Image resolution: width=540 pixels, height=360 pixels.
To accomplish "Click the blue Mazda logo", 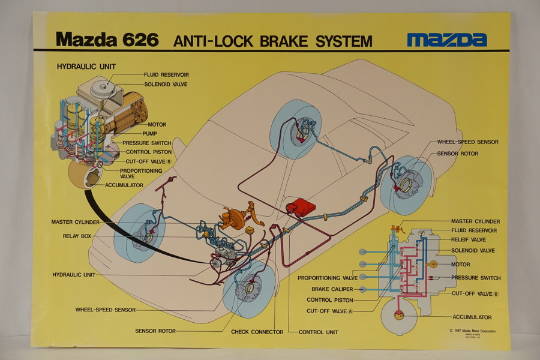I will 446,40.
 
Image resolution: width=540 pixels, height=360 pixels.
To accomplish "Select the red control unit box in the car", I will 301,208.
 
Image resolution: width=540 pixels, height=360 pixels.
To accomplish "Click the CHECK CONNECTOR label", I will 257,332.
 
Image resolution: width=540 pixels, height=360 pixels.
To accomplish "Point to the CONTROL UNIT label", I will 318,332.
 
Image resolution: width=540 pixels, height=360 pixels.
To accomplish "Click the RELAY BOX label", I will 77,236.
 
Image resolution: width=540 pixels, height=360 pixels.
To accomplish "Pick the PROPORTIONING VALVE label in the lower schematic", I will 328,278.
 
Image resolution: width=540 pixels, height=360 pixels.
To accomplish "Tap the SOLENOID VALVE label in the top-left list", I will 166,85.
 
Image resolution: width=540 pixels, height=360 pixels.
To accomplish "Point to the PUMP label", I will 149,134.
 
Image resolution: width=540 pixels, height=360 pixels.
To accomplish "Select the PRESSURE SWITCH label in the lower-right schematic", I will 476,278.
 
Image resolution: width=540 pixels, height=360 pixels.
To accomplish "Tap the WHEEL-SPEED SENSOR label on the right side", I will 467,142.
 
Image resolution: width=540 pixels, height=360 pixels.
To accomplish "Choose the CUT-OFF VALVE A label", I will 329,311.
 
